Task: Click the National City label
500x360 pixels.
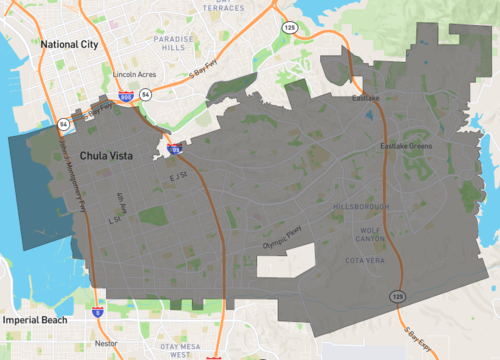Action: (69, 44)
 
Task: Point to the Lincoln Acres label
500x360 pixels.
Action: (135, 74)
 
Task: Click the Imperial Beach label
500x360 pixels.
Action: (34, 320)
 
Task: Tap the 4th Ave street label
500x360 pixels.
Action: (123, 196)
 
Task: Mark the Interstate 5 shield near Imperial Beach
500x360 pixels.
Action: (97, 311)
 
